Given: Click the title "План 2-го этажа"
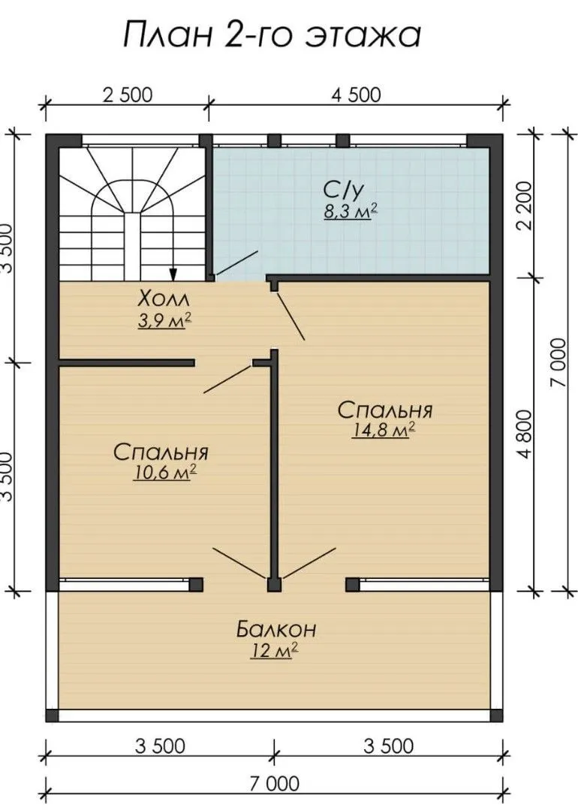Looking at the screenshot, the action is pyautogui.click(x=272, y=34).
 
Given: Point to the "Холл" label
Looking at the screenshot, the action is pyautogui.click(x=164, y=298).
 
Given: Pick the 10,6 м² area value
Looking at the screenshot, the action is pyautogui.click(x=164, y=472).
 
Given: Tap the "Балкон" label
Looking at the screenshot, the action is pyautogui.click(x=276, y=629).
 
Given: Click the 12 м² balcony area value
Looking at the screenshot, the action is pyautogui.click(x=274, y=651).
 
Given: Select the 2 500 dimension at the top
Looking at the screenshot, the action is pyautogui.click(x=128, y=95).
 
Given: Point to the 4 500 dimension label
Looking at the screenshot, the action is pyautogui.click(x=357, y=95).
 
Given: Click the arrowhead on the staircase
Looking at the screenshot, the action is pyautogui.click(x=173, y=274).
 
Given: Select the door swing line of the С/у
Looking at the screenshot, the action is pyautogui.click(x=236, y=263).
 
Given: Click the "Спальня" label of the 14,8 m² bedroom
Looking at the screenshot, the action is pyautogui.click(x=384, y=410).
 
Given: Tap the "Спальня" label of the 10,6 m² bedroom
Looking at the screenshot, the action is pyautogui.click(x=161, y=452).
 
